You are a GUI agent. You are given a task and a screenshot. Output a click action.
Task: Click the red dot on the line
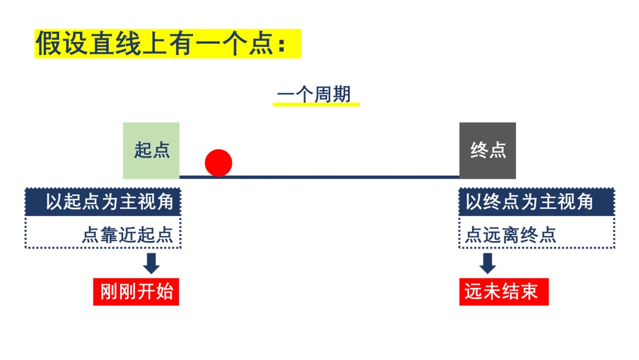click(x=218, y=163)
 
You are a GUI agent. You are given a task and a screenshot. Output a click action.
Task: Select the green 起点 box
click(x=151, y=150)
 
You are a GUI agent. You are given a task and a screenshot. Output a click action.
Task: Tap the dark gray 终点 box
click(x=488, y=150)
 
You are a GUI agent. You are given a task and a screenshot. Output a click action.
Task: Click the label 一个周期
click(x=314, y=94)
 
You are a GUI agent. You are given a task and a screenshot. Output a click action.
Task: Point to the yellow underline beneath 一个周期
click(x=316, y=105)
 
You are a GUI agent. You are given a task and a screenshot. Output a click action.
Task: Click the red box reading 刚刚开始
click(x=136, y=291)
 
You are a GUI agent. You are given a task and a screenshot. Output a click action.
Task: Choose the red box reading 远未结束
click(x=504, y=291)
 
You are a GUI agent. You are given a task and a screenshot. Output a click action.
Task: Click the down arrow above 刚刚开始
click(x=151, y=263)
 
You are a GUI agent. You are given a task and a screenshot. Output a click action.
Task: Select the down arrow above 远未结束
click(x=488, y=263)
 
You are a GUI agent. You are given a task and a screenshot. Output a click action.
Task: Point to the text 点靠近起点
click(x=128, y=235)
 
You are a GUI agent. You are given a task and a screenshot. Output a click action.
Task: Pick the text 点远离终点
click(x=511, y=235)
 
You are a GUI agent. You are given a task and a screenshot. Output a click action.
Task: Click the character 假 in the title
click(x=49, y=44)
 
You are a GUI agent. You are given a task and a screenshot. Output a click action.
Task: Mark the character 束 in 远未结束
click(x=529, y=291)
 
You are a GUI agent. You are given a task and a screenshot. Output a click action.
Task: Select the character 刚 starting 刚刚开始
click(x=109, y=291)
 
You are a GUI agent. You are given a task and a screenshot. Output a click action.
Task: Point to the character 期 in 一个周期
click(x=341, y=94)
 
